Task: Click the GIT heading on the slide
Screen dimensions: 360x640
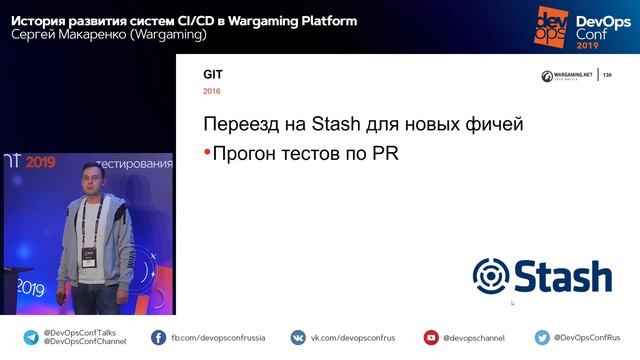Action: [x=212, y=75]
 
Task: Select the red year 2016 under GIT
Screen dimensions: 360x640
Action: [x=212, y=92]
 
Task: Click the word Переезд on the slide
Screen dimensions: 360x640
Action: [x=240, y=126]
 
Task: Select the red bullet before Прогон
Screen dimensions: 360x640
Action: [x=207, y=153]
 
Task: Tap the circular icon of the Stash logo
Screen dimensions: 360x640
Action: [x=491, y=276]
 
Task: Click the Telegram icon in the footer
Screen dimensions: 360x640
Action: [x=31, y=337]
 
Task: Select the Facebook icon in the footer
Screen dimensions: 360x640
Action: [x=158, y=337]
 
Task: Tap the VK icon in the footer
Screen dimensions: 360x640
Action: [x=297, y=337]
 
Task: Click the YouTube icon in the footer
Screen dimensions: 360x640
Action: [x=431, y=337]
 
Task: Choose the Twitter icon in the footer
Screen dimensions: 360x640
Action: [x=541, y=337]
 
